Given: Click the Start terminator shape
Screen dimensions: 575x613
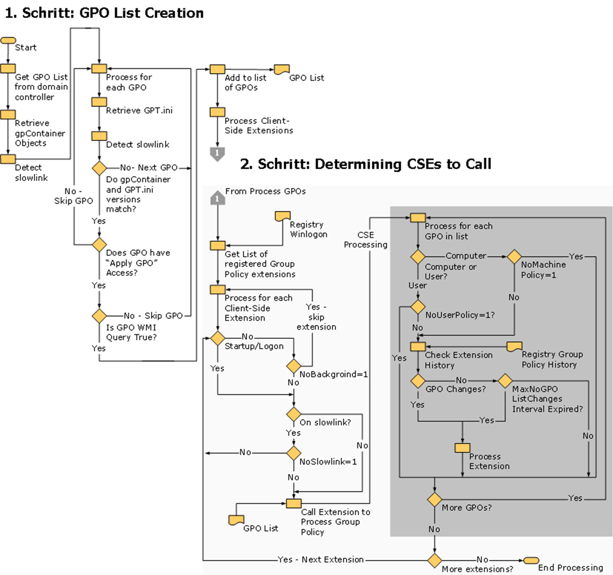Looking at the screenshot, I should (8, 40).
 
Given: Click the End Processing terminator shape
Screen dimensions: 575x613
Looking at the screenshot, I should (531, 560).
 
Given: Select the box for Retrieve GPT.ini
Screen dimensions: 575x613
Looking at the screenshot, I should (99, 102).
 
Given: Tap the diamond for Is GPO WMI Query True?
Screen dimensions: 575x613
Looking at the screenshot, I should (99, 316).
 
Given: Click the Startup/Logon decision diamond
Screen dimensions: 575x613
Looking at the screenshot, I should (218, 338).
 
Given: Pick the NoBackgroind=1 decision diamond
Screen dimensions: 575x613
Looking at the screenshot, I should (294, 366).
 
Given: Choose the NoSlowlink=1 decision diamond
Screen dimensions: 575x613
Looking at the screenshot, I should (294, 453).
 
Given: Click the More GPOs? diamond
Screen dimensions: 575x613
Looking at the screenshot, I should (434, 499).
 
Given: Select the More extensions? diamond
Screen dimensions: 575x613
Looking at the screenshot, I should (434, 560).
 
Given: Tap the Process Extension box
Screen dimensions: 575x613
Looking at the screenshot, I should (462, 448).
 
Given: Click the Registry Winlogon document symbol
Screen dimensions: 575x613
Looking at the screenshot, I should (282, 216).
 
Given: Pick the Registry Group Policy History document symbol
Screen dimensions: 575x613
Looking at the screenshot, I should (514, 346).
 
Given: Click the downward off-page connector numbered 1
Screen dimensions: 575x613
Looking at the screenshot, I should (217, 154).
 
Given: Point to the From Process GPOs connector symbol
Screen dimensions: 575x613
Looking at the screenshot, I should (217, 198).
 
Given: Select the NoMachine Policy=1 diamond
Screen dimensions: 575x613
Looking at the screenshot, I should (514, 257).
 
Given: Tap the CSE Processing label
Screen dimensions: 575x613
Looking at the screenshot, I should (365, 240).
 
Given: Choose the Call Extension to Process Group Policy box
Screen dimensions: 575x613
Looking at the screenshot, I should (294, 504).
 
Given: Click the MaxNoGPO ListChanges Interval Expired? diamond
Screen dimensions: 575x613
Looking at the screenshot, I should (505, 381).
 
